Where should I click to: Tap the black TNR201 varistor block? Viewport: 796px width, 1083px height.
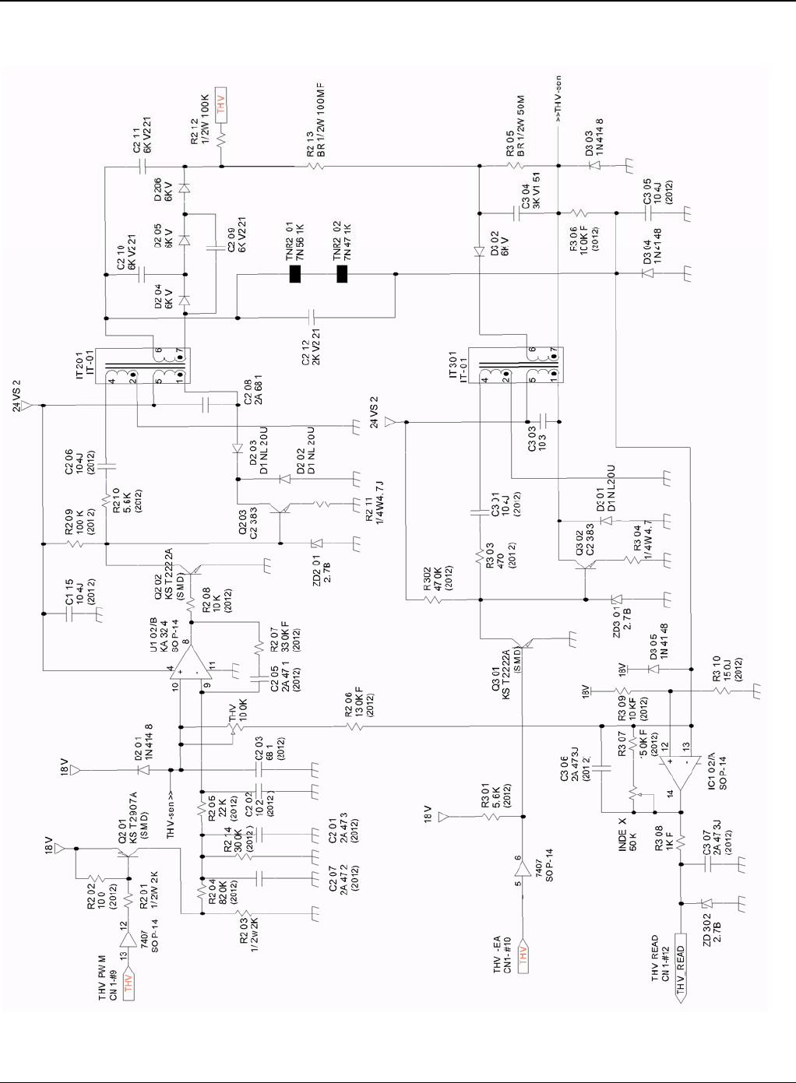(x=295, y=274)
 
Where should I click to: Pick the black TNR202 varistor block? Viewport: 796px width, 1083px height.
(x=341, y=274)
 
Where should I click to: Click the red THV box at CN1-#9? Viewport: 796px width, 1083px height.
(x=129, y=980)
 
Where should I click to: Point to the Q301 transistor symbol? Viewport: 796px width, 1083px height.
(x=530, y=643)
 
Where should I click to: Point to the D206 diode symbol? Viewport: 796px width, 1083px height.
(x=185, y=188)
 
